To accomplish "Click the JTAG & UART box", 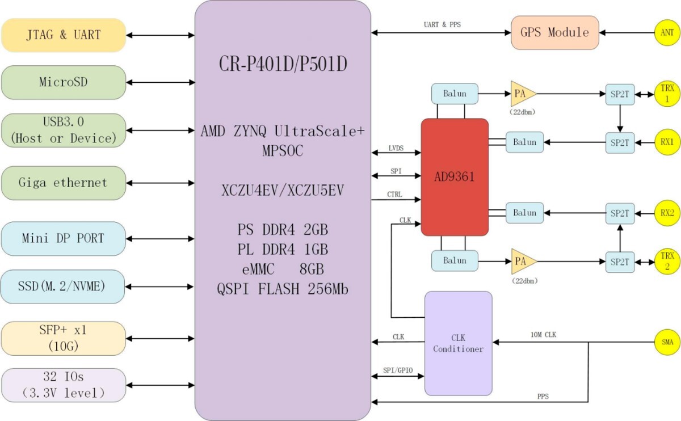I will point(63,35).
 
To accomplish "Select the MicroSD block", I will point(63,82).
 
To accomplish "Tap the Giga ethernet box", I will point(63,183).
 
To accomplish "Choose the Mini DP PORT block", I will point(63,238).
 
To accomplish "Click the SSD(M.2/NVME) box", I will point(63,287).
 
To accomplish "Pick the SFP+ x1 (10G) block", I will point(63,338).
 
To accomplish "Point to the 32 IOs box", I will point(63,385).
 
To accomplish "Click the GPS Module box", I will point(554,32).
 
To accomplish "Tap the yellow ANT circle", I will point(667,33).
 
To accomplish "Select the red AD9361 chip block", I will point(455,177).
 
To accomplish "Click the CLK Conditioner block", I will point(458,343).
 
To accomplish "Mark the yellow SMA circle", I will point(667,343).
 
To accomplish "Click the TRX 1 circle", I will point(667,94).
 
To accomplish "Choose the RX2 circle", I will point(667,213).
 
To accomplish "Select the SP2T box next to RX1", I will point(620,142).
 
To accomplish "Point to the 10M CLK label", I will point(543,335).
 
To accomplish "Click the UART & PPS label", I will point(443,25).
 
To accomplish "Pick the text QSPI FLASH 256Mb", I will point(282,289).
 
